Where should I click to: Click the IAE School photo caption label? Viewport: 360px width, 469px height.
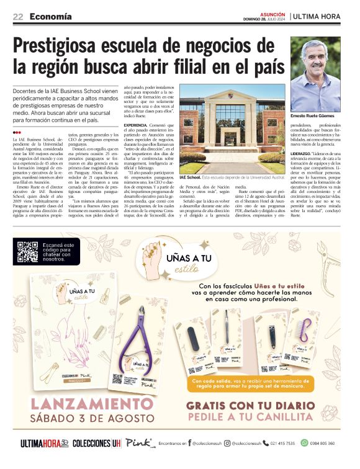tap(189, 177)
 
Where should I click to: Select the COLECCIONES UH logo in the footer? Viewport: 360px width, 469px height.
tap(96, 444)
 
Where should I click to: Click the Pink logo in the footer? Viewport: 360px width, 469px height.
tap(137, 443)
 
